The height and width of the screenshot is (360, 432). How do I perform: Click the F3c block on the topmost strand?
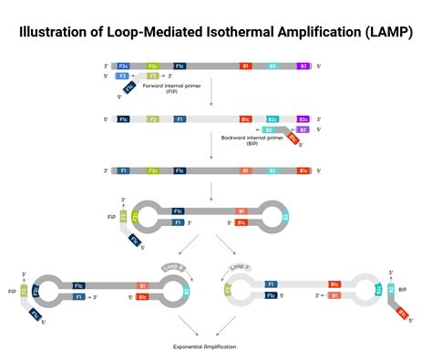pyautogui.click(x=123, y=67)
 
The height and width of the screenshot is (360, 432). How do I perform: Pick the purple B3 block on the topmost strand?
pyautogui.click(x=303, y=67)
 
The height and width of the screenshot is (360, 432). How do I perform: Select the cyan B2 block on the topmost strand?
pyautogui.click(x=273, y=67)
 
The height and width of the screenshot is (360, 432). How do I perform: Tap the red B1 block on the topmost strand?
pyautogui.click(x=245, y=67)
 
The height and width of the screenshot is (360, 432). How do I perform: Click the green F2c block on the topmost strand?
pyautogui.click(x=152, y=67)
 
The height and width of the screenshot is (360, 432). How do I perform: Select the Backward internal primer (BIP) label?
pyautogui.click(x=247, y=141)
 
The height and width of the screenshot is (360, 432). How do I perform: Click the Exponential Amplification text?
pyautogui.click(x=207, y=347)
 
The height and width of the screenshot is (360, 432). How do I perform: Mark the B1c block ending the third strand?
pyautogui.click(x=303, y=170)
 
